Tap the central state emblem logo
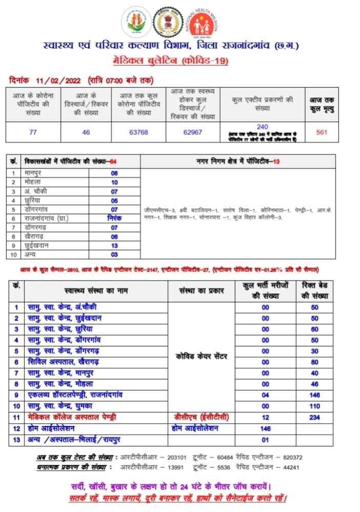point(167,22)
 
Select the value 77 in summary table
point(33,132)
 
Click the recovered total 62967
point(193,132)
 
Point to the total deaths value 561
point(322,132)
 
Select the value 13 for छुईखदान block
point(114,245)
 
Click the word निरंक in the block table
point(114,219)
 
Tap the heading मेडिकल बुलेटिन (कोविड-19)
point(171,61)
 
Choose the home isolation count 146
point(265,429)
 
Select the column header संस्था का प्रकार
point(202,291)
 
